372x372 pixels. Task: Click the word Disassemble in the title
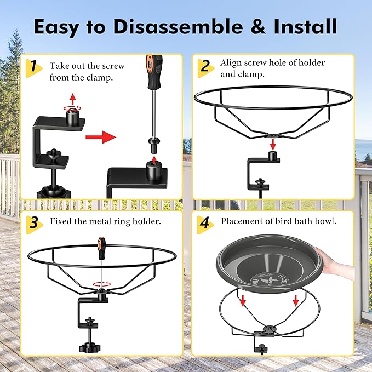coord(178,26)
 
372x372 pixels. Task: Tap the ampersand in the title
coord(259,26)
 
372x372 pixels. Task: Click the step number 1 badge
coord(33,68)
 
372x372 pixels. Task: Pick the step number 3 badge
coord(34,225)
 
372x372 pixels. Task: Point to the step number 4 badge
coord(205,225)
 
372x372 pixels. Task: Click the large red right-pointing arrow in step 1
coord(101,137)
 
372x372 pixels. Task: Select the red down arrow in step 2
coord(273,145)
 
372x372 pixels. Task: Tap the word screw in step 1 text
coord(112,66)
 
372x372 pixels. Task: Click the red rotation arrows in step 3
coord(102,284)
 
